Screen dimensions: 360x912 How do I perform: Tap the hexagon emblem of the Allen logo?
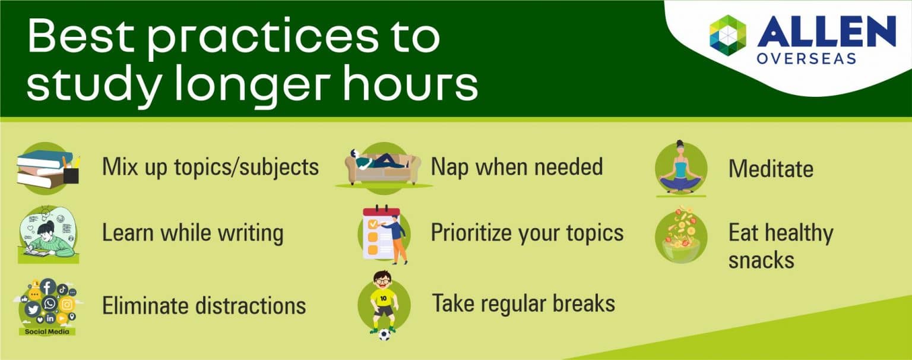[x=727, y=35]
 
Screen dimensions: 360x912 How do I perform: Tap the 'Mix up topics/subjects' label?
[x=210, y=167]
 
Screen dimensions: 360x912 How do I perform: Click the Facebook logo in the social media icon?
[x=47, y=286]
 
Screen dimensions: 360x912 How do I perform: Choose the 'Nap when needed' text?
[x=517, y=167]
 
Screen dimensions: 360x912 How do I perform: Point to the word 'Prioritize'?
[x=470, y=233]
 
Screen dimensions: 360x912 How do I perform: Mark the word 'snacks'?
[x=761, y=260]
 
